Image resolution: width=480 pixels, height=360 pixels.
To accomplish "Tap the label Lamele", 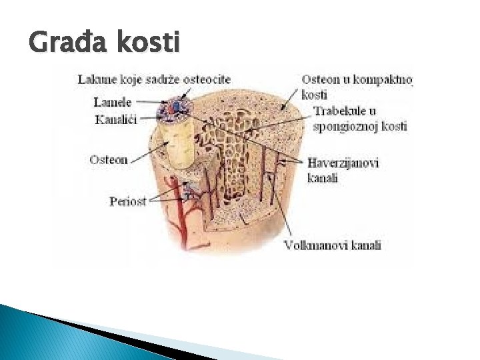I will (112, 103).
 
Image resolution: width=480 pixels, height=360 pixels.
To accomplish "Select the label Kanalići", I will (115, 120).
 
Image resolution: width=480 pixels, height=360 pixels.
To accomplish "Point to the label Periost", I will (127, 201).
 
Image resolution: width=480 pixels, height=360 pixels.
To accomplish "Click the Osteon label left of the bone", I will (108, 160).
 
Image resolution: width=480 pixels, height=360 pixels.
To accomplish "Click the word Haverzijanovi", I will (343, 163).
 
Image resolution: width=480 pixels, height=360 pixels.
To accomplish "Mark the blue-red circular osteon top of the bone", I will (175, 107).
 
